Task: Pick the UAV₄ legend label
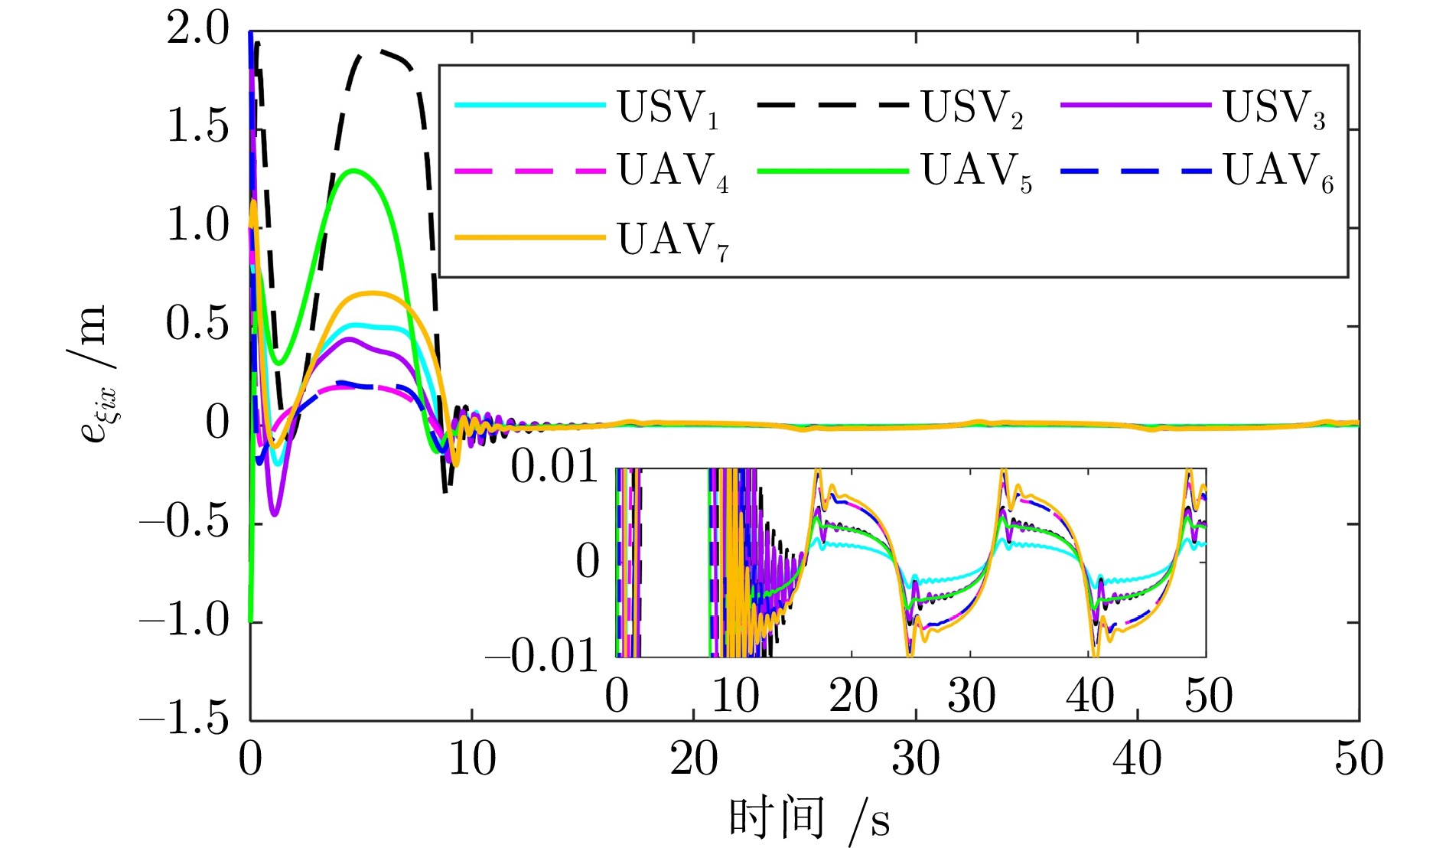pos(673,171)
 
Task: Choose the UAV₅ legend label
pos(975,171)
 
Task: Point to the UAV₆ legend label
pos(1278,171)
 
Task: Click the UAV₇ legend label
pos(673,241)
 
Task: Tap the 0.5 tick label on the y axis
pos(197,325)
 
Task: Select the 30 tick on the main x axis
pos(916,759)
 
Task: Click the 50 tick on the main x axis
pos(1360,759)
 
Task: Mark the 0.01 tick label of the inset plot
pos(554,467)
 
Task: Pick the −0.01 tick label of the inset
pos(542,655)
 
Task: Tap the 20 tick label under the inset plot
pos(853,696)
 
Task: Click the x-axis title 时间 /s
pos(809,819)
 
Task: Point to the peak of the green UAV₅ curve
pos(353,170)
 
